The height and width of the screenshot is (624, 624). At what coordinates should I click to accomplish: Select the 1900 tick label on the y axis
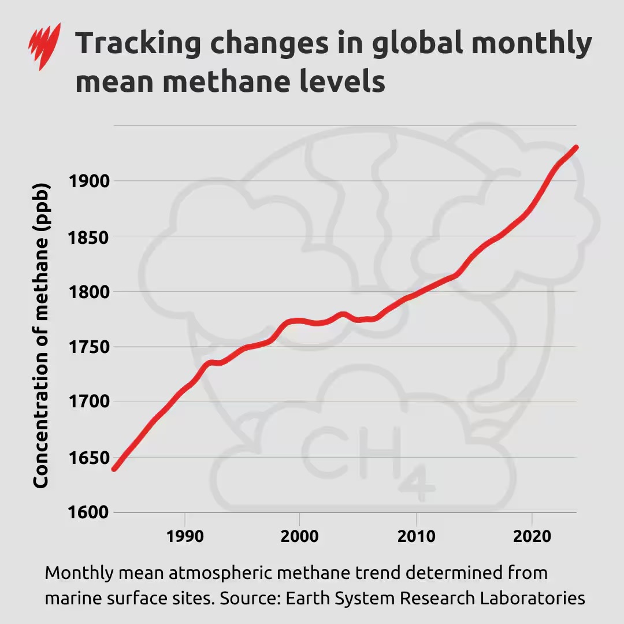point(89,181)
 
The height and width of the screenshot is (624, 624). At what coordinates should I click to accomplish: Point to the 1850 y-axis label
point(89,237)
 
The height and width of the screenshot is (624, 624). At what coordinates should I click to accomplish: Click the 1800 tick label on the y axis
point(89,292)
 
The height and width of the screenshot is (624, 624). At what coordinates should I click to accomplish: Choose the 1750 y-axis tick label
point(89,347)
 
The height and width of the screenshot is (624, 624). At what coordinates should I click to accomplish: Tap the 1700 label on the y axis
point(89,402)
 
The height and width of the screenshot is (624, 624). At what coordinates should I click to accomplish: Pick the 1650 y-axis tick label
point(89,458)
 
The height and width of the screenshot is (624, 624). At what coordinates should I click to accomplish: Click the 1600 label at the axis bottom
point(89,512)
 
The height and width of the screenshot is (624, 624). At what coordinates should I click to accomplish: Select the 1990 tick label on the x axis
point(185,536)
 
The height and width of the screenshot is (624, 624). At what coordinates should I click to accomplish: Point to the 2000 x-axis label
point(299,536)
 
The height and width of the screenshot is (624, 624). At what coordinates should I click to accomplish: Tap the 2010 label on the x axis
point(416,536)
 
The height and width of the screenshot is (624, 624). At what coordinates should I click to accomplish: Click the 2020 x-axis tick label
point(532,536)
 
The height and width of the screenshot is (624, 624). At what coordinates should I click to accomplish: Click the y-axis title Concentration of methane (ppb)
point(40,335)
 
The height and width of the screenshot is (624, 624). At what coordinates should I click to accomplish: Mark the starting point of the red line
point(114,469)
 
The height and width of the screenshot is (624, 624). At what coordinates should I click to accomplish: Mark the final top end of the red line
point(575,148)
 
